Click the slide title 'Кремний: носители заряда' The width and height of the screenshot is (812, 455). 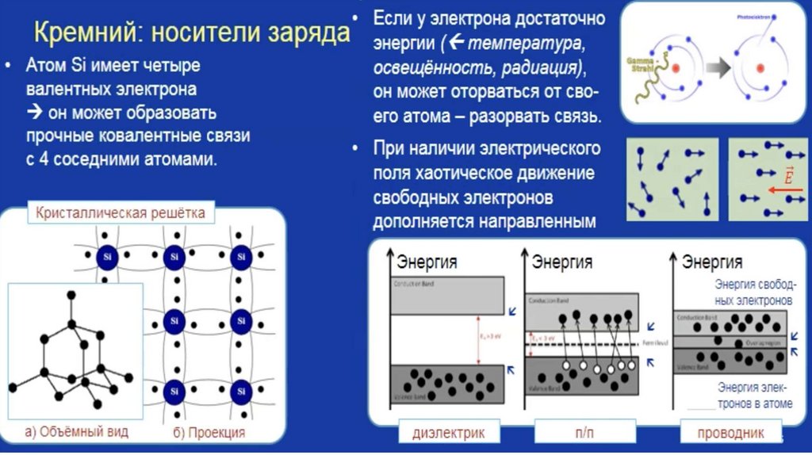pos(191,34)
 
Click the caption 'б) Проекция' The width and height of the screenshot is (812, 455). pos(209,433)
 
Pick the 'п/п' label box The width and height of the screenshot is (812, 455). pos(584,434)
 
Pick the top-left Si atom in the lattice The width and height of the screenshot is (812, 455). pos(108,258)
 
